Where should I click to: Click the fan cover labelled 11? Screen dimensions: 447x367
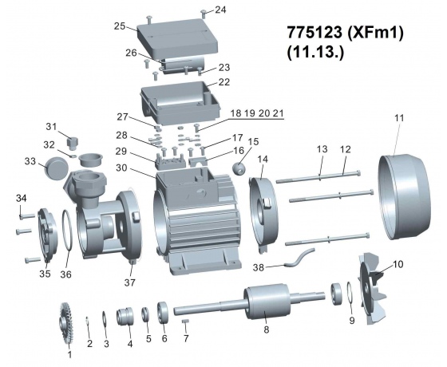404,197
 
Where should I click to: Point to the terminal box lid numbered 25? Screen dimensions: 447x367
177,37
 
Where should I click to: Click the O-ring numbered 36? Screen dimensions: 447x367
67,231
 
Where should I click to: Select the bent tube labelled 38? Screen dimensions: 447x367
299,258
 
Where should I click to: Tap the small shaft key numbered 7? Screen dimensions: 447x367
185,321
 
